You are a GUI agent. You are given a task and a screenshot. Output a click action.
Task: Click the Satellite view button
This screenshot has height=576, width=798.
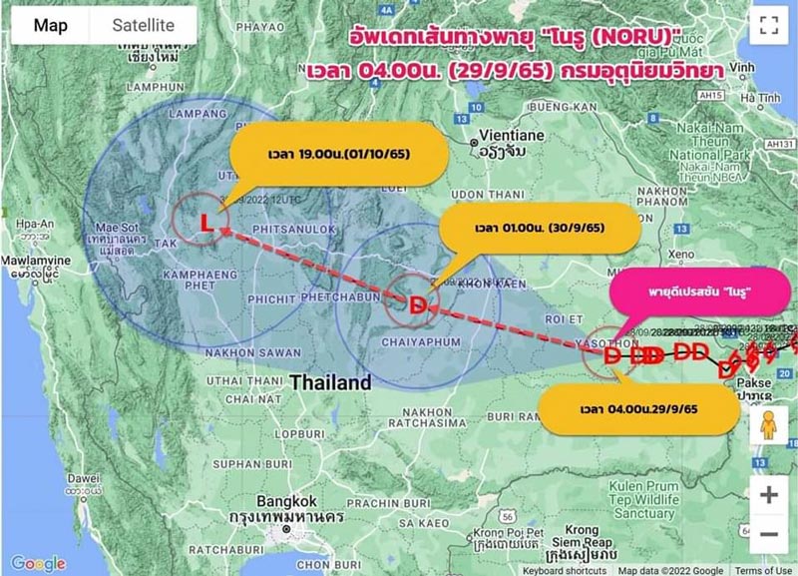143,26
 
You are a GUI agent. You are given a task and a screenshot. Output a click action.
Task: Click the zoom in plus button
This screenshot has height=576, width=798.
768,495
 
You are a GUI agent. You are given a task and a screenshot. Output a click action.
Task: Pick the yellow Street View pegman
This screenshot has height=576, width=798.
768,425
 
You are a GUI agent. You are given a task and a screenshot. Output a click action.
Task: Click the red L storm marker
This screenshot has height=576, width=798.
206,223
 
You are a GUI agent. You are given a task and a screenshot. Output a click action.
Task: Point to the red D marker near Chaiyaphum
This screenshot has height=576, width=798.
419,303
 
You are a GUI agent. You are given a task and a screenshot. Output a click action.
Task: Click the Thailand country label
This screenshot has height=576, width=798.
330,381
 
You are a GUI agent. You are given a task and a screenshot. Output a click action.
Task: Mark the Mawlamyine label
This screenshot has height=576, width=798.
38,258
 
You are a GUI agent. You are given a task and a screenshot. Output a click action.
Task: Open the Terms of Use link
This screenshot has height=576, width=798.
763,570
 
